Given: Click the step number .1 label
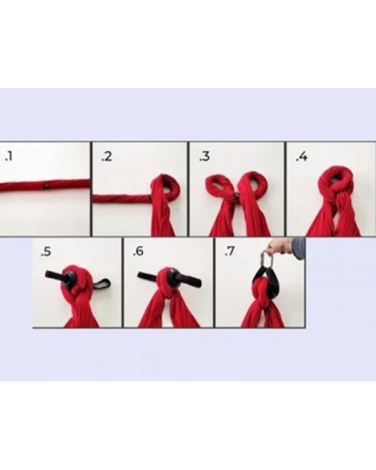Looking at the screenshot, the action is click(x=9, y=156).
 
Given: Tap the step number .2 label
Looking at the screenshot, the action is click(x=107, y=156).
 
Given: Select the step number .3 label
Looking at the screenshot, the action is click(x=204, y=156).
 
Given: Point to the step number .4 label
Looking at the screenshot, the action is click(x=301, y=156).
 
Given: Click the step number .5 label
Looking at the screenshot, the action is click(x=46, y=252).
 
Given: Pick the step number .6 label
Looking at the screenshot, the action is click(x=138, y=251).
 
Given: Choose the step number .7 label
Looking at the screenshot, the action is click(x=229, y=251).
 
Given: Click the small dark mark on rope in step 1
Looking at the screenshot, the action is click(x=45, y=186).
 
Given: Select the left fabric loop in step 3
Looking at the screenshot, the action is click(x=219, y=186).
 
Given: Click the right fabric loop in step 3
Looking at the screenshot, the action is click(x=255, y=185).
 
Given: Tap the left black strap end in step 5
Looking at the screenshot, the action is click(x=55, y=275).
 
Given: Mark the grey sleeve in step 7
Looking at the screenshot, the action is click(x=299, y=247).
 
